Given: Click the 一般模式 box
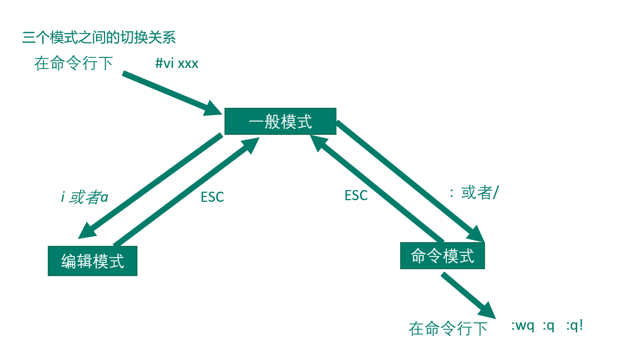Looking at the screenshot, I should coord(280,122).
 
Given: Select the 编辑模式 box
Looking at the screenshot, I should coord(92,261).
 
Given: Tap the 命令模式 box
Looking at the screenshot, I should coord(442,256).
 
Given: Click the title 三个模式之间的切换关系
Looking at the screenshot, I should coord(99,38).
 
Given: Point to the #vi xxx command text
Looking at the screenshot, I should coord(177,64).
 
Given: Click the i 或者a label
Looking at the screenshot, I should coord(85,198).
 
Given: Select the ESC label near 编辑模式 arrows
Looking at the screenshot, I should coord(212,197).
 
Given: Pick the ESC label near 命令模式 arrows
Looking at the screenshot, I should coord(356,195).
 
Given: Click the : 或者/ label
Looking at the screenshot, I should coord(473,193).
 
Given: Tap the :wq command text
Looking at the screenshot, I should coord(522,325).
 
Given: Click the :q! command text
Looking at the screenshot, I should coord(574,325).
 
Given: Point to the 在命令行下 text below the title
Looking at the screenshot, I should coord(74,64).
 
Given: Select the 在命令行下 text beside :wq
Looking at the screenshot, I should coord(448,329).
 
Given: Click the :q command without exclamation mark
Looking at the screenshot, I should coord(548,325).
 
